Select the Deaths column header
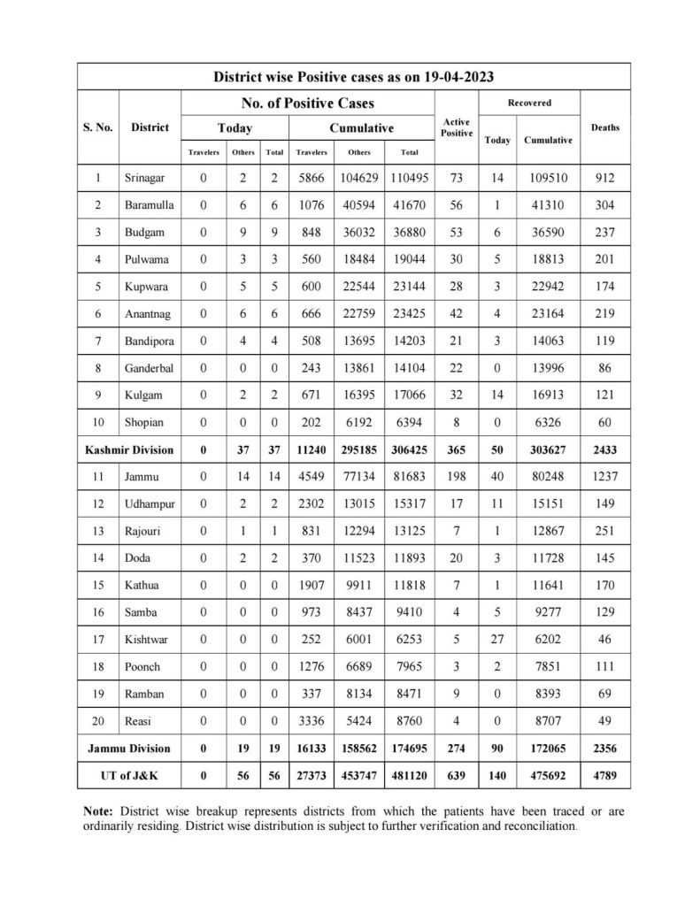[x=605, y=127]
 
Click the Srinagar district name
[x=146, y=178]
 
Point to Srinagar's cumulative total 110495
[x=408, y=178]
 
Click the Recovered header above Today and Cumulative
[x=529, y=103]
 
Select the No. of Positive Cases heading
[x=307, y=103]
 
